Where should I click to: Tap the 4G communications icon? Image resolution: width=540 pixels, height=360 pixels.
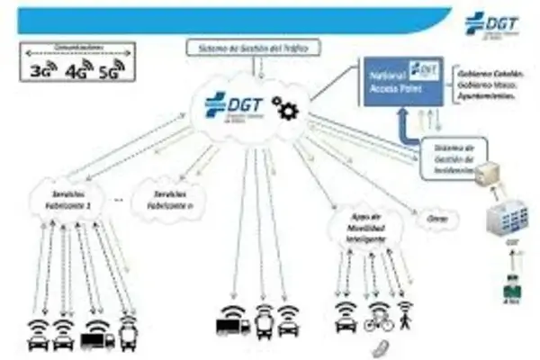[79, 68]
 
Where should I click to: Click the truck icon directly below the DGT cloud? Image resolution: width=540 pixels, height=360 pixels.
[233, 321]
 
